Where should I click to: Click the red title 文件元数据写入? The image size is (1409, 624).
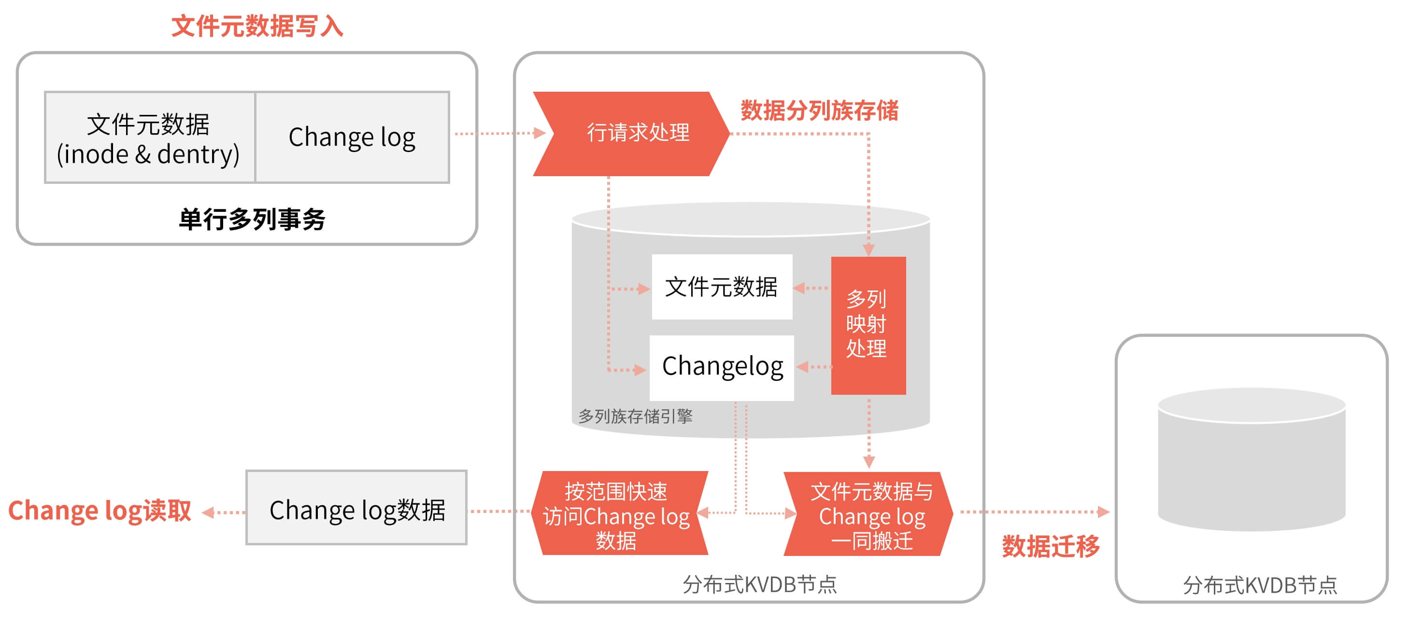tap(257, 26)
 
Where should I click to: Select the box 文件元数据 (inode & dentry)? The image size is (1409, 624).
tap(149, 138)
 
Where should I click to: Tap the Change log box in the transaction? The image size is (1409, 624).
tap(352, 138)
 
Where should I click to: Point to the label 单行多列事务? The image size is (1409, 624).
tap(252, 220)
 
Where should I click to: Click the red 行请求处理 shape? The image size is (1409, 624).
tap(635, 133)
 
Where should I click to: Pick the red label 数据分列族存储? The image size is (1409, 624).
tap(819, 111)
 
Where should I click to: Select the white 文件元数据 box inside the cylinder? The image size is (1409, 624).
tap(722, 287)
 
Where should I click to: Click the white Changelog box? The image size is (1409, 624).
tap(722, 367)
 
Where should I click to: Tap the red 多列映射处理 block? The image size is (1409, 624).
tap(868, 325)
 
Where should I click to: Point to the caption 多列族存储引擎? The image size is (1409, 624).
tap(636, 416)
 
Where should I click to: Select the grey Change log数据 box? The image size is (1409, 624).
tap(356, 508)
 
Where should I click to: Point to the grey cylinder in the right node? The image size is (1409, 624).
tap(1252, 460)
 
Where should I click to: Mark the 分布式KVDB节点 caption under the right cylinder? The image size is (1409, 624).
tap(1260, 586)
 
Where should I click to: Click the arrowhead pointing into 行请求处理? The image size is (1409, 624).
tap(540, 133)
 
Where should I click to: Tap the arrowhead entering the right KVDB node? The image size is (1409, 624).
tap(1104, 512)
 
